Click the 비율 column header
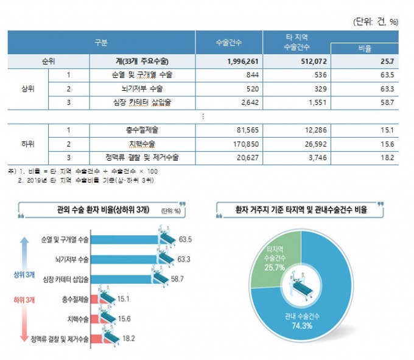click(x=364, y=48)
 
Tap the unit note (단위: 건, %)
click(x=376, y=21)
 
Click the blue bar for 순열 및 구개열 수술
click(x=125, y=240)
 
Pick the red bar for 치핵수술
click(x=96, y=319)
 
